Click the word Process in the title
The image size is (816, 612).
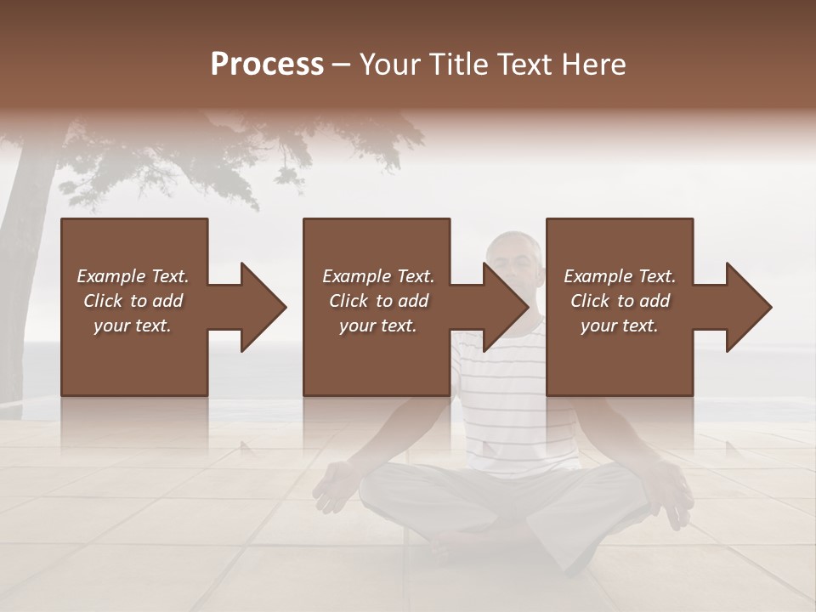coord(267,65)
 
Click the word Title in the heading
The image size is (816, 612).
coord(454,65)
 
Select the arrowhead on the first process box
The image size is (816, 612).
coord(262,307)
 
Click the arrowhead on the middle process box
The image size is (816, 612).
coord(505,307)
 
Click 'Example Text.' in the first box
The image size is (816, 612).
coord(133,276)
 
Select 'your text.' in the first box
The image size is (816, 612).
coord(133,326)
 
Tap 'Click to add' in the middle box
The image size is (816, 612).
coord(378,301)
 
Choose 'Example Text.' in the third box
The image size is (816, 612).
coord(620,276)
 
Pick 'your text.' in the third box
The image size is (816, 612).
coord(620,326)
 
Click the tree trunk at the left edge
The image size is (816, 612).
coord(21,280)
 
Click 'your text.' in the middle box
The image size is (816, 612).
coord(378,326)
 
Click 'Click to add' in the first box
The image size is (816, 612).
coord(133,301)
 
